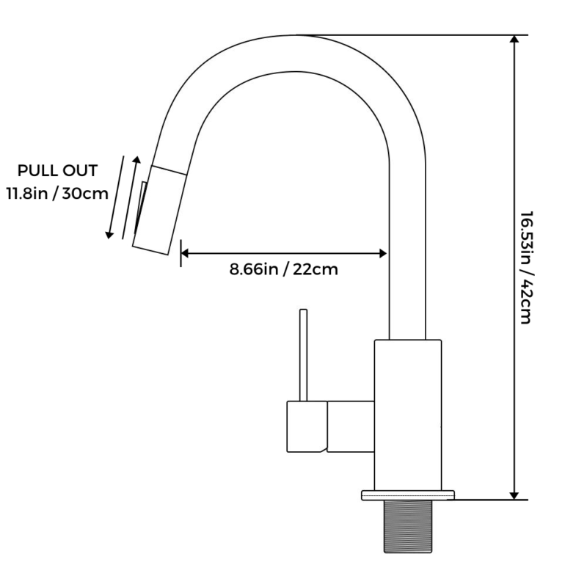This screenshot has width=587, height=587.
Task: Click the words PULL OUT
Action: coord(57,172)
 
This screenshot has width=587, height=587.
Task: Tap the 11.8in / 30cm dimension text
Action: coord(56,194)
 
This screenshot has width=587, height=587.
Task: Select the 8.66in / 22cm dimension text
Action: coord(283,269)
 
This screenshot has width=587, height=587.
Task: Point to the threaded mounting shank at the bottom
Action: coord(407,526)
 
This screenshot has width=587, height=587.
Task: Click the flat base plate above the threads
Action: coord(407,495)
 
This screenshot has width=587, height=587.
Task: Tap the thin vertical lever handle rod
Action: coord(302,355)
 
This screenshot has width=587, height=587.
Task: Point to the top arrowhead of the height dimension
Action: coord(514,41)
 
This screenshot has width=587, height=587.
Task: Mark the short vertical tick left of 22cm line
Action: coord(181,253)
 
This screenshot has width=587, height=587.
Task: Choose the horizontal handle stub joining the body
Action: coord(351,426)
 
